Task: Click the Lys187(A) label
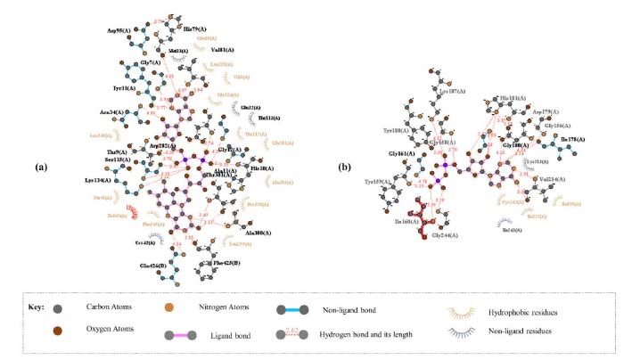(x=452, y=91)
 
